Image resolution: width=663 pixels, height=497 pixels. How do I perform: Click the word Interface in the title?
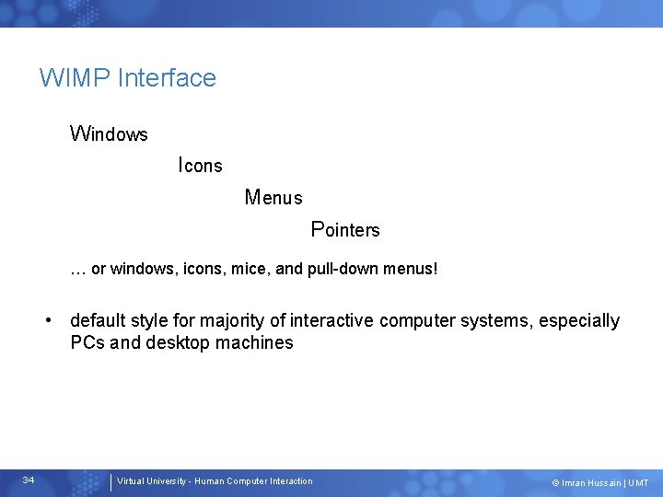point(167,78)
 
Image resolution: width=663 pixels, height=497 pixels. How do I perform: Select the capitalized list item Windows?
point(109,134)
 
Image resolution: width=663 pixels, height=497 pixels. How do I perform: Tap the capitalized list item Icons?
point(200,166)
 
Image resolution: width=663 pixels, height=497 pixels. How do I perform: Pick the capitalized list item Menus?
point(273,197)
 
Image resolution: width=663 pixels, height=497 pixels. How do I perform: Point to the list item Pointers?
point(345,229)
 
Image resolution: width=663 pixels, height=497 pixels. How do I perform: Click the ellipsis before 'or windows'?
point(78,270)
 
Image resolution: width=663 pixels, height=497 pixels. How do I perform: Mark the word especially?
point(579,321)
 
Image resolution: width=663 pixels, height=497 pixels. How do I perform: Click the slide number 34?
point(29,480)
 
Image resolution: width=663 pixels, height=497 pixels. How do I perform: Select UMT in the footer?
point(638,482)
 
